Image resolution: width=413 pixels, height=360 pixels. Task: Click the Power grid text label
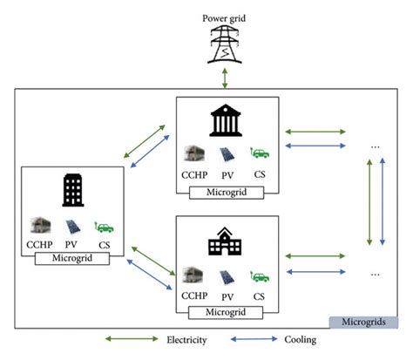pyautogui.click(x=226, y=17)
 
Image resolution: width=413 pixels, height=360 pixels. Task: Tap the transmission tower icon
pyautogui.click(x=226, y=44)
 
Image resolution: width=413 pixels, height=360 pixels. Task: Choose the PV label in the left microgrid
pyautogui.click(x=72, y=245)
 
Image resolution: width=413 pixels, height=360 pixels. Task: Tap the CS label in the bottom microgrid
pyautogui.click(x=259, y=296)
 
